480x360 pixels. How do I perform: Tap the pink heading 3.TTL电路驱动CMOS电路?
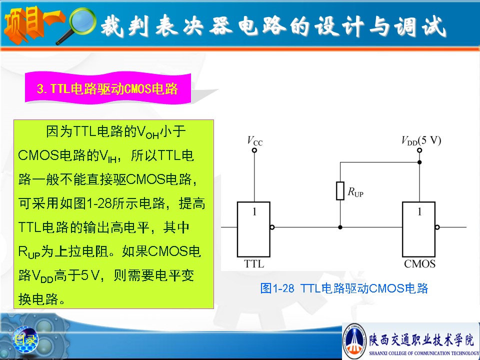point(107,88)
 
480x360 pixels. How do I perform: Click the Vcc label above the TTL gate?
point(254,141)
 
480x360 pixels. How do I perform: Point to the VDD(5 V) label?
point(421,140)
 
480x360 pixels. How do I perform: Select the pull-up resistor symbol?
point(340,190)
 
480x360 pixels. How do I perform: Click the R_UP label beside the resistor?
point(355,192)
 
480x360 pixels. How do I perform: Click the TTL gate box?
point(253,229)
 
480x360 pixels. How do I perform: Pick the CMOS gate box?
point(419,229)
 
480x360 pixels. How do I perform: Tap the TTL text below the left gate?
point(254,264)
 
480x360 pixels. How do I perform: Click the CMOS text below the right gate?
point(419,264)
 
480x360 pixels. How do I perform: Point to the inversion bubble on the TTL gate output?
point(272,227)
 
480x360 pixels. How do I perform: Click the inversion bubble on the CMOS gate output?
point(437,227)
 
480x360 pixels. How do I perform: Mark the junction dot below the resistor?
point(340,227)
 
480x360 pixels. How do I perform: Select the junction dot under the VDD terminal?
point(419,162)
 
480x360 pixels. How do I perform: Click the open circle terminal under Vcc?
point(254,150)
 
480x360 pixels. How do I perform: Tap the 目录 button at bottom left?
point(25,339)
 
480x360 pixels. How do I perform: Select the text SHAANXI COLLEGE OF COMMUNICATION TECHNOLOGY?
point(424,353)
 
